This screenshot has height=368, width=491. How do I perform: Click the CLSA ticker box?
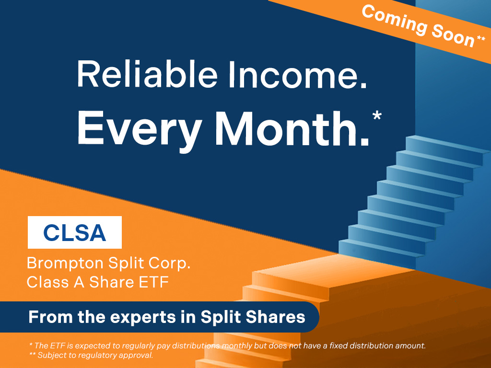[x=74, y=232]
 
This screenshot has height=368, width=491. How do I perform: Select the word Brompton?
[x=65, y=264]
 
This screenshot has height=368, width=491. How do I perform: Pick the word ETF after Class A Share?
[x=154, y=282]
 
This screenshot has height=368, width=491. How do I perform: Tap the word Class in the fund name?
[x=47, y=282]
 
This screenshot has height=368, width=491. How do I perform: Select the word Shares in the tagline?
[x=275, y=317]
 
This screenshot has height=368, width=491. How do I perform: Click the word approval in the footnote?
[x=137, y=356]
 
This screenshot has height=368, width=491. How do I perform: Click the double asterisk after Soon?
[x=481, y=38]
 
